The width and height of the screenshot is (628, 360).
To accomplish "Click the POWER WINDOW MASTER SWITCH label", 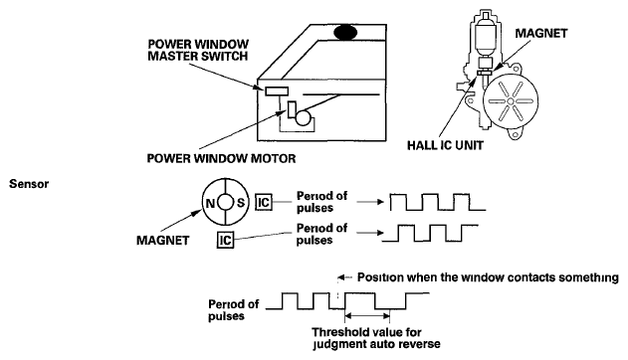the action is tap(198, 50).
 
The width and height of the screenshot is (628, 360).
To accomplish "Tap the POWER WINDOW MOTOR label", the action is tap(222, 158).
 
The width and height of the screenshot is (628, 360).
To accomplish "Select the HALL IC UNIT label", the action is tap(445, 145).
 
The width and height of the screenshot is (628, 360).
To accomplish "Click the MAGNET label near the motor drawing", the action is tap(541, 33).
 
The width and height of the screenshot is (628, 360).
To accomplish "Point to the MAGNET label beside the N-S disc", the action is tap(162, 240).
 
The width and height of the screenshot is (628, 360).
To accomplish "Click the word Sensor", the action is tap(29, 184).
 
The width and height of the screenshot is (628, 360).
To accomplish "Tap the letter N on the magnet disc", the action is tap(210, 203).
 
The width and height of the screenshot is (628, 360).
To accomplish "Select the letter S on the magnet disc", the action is tap(241, 203).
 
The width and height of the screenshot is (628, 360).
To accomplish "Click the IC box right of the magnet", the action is tap(264, 202).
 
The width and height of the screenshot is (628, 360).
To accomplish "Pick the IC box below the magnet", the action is tap(225, 240).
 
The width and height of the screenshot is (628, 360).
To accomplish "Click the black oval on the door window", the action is tap(345, 33).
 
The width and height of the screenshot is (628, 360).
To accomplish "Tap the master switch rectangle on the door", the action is tap(277, 91).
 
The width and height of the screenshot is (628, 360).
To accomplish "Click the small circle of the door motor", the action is tap(304, 118).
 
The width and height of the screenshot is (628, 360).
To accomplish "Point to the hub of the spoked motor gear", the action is tap(511, 101).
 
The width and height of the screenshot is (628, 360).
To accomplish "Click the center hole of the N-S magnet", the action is tap(226, 203).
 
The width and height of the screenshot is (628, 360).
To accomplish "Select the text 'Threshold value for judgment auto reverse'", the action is tap(376, 338).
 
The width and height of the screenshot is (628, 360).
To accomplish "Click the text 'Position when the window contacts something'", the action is tap(488, 277).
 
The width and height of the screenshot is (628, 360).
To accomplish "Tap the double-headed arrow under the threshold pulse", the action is tap(367, 316).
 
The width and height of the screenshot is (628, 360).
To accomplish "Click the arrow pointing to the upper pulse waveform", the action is tap(370, 202).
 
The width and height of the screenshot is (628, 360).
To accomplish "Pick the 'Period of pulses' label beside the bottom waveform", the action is tap(234, 310).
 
